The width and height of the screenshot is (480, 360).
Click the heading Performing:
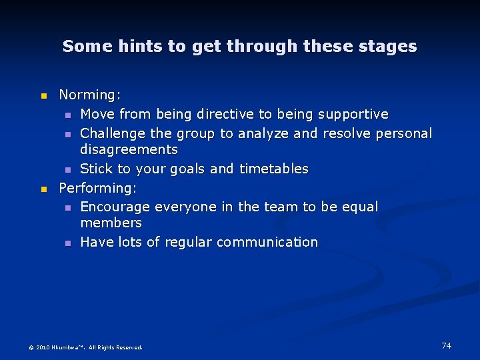pyautogui.click(x=98, y=188)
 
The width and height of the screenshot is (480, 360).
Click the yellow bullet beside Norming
pyautogui.click(x=44, y=97)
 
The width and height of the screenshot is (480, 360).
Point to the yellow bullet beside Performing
pyautogui.click(x=44, y=189)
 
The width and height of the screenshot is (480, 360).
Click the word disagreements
pyautogui.click(x=129, y=150)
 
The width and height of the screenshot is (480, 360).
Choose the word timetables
pyautogui.click(x=273, y=169)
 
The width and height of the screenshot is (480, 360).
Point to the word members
pyautogui.click(x=111, y=223)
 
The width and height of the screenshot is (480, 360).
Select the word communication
pyautogui.click(x=273, y=243)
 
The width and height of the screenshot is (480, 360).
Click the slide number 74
pyautogui.click(x=446, y=345)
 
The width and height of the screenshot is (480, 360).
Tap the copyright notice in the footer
pyautogui.click(x=85, y=347)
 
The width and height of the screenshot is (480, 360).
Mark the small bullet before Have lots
pyautogui.click(x=68, y=243)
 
